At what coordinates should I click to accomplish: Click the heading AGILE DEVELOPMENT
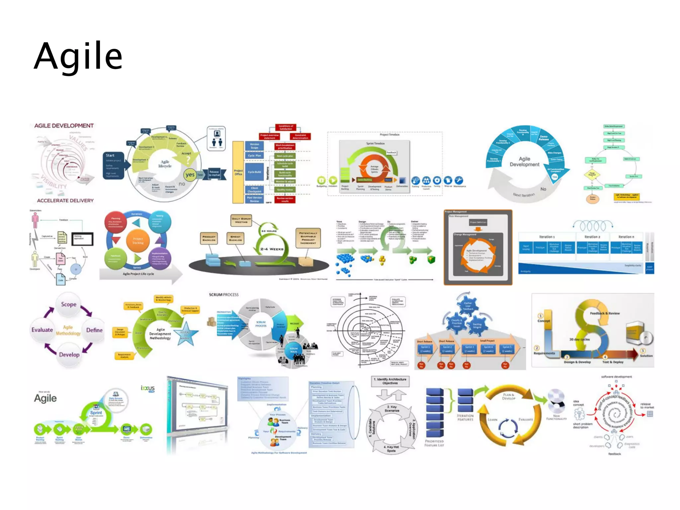64,126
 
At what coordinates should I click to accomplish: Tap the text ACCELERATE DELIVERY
65,201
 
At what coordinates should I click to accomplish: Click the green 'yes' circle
190,175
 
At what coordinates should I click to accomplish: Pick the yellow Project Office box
238,172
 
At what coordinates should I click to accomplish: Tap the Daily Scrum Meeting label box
241,220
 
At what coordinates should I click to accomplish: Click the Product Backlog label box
209,238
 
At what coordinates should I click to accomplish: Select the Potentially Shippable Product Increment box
308,238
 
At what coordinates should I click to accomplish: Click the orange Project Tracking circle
138,241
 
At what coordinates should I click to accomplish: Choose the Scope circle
69,304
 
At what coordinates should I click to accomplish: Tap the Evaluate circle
42,330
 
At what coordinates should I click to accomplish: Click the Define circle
94,330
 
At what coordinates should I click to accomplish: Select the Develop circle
69,355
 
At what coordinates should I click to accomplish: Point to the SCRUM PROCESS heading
223,295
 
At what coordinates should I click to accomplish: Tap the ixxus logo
148,388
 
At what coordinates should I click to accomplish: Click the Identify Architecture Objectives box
390,381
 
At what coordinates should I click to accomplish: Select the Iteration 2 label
592,237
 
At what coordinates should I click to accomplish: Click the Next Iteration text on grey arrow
524,195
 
